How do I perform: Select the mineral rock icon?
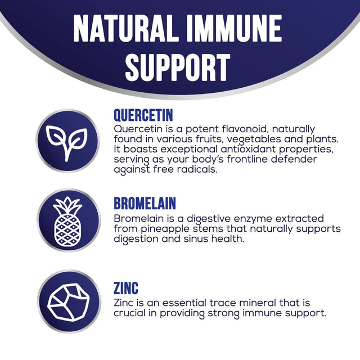pyautogui.click(x=68, y=303)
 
